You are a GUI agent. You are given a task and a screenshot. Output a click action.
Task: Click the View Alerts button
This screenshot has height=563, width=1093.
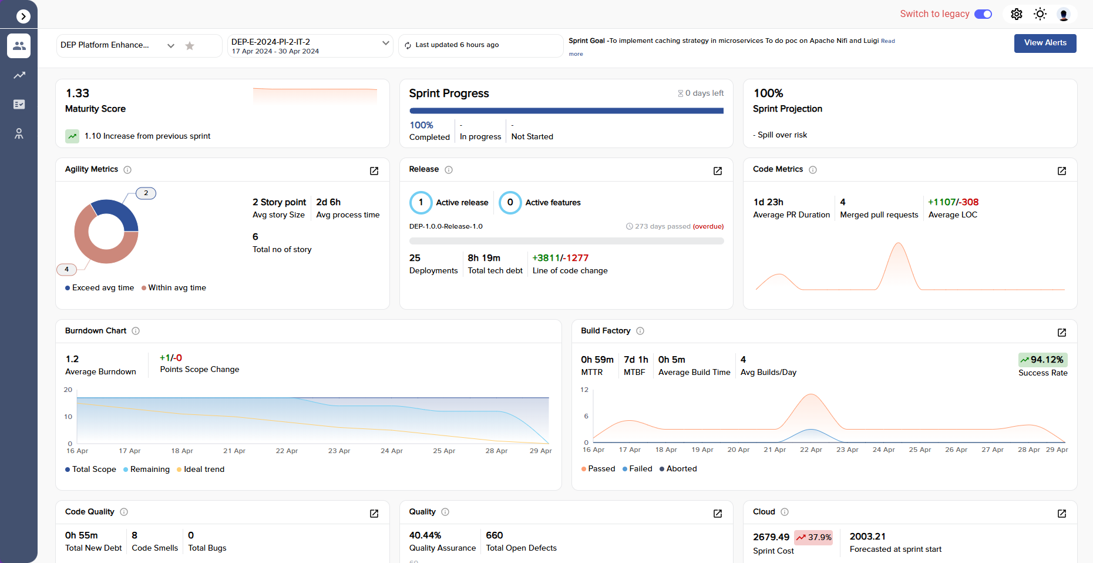[x=1045, y=43]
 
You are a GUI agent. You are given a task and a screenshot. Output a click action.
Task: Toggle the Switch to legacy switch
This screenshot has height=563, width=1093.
[x=983, y=14]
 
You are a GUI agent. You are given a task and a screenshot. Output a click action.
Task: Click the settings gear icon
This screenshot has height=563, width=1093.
[x=1017, y=14]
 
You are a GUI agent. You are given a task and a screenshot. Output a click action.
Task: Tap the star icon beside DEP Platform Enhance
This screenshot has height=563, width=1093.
[x=190, y=46]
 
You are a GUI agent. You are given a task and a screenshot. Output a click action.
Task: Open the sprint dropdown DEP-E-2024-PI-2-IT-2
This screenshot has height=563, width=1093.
[x=385, y=43]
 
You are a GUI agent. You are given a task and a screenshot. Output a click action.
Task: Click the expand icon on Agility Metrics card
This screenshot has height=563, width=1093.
[x=374, y=171]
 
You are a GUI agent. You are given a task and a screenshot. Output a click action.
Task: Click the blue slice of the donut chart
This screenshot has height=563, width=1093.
[x=120, y=212]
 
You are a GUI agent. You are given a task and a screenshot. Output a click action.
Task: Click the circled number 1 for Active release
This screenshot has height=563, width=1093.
[x=421, y=203]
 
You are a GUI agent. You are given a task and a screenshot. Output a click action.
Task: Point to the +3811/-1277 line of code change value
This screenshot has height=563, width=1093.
[x=560, y=258]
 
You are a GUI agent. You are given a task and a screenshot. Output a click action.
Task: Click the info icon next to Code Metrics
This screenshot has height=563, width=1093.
[x=813, y=170]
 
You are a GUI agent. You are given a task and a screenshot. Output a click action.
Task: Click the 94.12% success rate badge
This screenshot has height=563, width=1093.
[x=1042, y=360]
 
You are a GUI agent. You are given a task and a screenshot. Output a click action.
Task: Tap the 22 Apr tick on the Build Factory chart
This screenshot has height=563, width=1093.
[x=810, y=450]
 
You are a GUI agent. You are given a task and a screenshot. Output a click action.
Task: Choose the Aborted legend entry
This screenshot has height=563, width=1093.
[x=678, y=469]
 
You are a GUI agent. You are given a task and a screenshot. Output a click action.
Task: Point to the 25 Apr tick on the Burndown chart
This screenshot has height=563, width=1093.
[x=444, y=451]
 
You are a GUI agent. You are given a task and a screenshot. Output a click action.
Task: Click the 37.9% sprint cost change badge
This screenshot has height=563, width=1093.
[x=813, y=537]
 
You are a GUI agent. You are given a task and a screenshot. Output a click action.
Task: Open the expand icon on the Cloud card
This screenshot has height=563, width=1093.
[x=1062, y=514]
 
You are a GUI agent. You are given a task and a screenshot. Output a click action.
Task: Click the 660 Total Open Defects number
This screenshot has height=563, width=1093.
[x=495, y=535]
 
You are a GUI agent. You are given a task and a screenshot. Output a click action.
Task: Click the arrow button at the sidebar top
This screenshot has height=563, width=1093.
[x=23, y=16]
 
